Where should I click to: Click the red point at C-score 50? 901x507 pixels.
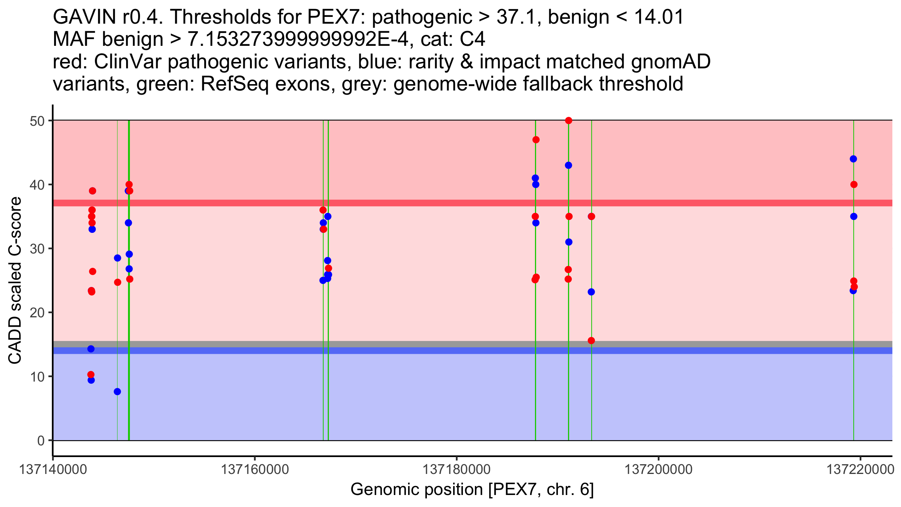(568, 121)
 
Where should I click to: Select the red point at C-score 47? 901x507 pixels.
(536, 140)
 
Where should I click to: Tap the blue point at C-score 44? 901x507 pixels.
(853, 159)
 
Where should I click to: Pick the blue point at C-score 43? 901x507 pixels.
(568, 165)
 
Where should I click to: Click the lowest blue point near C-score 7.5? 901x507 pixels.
(117, 392)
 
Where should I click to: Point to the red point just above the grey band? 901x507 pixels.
(591, 341)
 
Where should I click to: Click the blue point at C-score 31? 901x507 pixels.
(569, 242)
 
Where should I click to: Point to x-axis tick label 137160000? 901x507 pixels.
(255, 470)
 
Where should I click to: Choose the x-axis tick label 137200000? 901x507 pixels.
(658, 470)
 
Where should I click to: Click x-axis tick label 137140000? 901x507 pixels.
(53, 470)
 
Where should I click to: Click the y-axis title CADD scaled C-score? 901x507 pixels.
(15, 281)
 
